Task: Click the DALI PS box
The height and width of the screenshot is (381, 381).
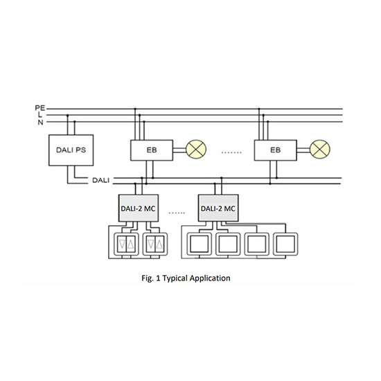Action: tap(71, 150)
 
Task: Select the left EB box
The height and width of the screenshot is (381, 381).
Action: tap(152, 150)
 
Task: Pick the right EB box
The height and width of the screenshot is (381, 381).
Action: tap(275, 150)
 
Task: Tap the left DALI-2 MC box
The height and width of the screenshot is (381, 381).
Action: tap(139, 208)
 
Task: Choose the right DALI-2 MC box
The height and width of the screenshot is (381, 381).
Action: tap(218, 208)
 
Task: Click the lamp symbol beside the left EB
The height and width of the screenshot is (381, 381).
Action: tap(196, 149)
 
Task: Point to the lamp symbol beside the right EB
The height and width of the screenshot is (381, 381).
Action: tap(320, 149)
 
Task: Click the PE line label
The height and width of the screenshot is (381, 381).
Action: tap(40, 108)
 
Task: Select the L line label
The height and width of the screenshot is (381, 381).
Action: tap(40, 115)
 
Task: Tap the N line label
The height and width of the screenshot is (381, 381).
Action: tap(40, 122)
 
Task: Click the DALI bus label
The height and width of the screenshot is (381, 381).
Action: tap(101, 180)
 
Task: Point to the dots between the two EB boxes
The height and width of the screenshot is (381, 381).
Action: tap(231, 152)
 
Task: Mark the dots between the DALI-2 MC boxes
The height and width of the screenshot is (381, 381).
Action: tap(177, 213)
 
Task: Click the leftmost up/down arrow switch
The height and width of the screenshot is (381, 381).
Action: tap(126, 244)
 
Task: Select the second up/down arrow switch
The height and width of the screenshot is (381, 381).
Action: tap(155, 244)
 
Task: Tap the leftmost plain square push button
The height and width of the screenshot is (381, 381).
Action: tap(200, 244)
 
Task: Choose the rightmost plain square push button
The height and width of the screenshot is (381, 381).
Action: tap(285, 244)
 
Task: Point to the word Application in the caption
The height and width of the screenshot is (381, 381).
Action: tap(210, 278)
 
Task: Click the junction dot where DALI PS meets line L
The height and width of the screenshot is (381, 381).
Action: tap(68, 115)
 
